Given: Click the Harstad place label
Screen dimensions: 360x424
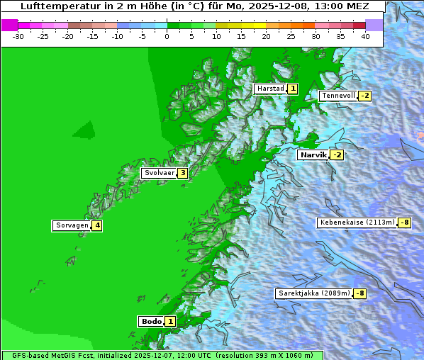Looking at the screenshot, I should pyautogui.click(x=270, y=89).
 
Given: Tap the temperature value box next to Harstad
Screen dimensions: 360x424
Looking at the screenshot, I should pyautogui.click(x=292, y=89).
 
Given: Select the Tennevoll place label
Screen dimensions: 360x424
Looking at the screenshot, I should pyautogui.click(x=337, y=96).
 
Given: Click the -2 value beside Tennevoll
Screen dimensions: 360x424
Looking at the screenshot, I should pyautogui.click(x=364, y=96).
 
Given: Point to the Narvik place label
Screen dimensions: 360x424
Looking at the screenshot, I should pyautogui.click(x=313, y=154).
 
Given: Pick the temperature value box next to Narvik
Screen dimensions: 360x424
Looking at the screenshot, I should pyautogui.click(x=337, y=154).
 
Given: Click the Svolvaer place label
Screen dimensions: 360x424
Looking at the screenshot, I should pyautogui.click(x=159, y=172).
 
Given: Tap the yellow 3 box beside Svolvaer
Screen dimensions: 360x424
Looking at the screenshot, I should pyautogui.click(x=182, y=172).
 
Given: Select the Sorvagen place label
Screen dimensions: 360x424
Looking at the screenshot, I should pyautogui.click(x=72, y=225).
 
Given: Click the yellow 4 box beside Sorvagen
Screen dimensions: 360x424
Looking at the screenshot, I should pyautogui.click(x=97, y=225).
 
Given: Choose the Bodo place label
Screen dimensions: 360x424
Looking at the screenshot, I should pyautogui.click(x=152, y=321).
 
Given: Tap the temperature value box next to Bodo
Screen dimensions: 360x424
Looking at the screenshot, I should pyautogui.click(x=170, y=321).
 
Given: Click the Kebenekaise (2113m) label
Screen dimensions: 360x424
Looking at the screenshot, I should pyautogui.click(x=357, y=223).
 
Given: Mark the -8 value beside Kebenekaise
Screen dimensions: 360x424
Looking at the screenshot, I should pyautogui.click(x=404, y=223).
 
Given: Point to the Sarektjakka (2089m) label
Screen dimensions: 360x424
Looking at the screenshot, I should pyautogui.click(x=313, y=293).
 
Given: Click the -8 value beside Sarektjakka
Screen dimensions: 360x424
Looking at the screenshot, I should pyautogui.click(x=359, y=293).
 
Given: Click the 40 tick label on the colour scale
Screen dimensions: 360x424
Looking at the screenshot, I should pyautogui.click(x=365, y=35).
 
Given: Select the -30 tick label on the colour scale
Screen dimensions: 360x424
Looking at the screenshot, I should pyautogui.click(x=18, y=35).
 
